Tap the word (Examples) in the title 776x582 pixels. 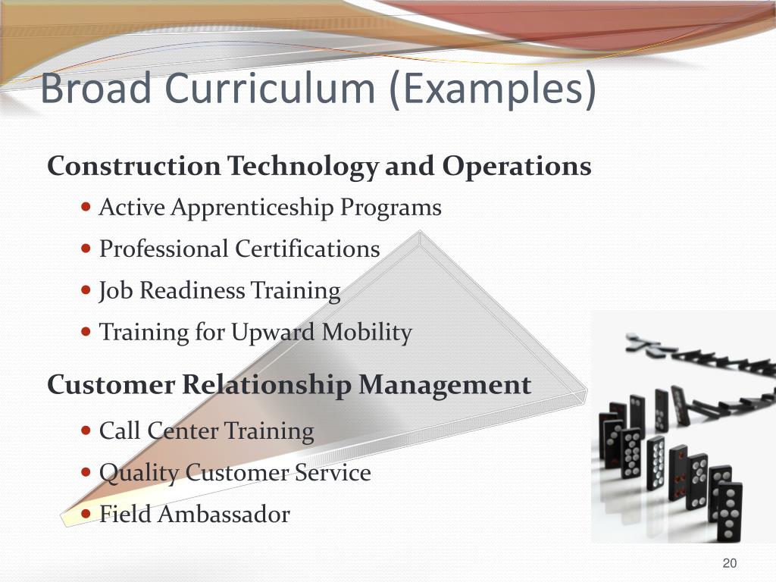tap(493, 89)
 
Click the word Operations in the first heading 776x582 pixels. tap(517, 166)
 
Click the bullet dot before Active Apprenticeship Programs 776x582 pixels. tap(86, 206)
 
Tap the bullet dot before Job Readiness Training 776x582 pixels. tap(86, 289)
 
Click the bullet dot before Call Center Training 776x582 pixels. tap(86, 430)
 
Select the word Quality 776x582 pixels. tap(139, 474)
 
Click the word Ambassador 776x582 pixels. tap(226, 515)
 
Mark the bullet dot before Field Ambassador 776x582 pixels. tap(86, 513)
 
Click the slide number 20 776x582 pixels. tap(730, 562)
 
